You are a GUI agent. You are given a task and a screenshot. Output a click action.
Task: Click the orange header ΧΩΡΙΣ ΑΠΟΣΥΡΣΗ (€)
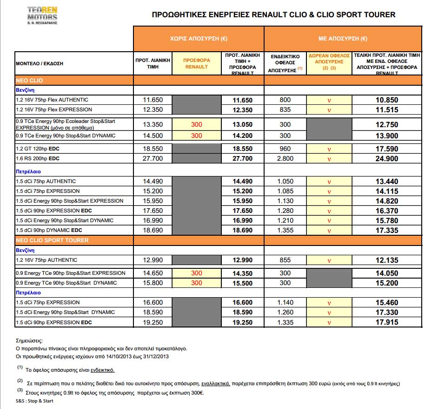point(199,39)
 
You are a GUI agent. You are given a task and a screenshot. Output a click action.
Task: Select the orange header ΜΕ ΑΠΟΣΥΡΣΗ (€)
point(343,39)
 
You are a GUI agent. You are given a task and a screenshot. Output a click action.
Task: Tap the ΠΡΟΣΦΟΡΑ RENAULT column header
point(197,63)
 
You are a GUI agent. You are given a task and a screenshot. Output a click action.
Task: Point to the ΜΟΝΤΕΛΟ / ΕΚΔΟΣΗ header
point(40,63)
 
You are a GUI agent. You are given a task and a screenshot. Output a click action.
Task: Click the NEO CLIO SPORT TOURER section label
point(52,240)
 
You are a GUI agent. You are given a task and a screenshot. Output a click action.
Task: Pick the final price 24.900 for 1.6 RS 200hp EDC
point(387,159)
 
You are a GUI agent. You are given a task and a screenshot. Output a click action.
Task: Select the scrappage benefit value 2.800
point(285,159)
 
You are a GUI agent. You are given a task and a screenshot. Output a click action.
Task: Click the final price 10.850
point(387,100)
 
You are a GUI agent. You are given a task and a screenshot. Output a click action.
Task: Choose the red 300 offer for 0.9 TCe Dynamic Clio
point(197,136)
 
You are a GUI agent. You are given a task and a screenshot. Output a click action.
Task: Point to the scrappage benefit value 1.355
point(285,231)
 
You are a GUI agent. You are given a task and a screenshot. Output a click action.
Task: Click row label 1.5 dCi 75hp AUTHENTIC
point(46,181)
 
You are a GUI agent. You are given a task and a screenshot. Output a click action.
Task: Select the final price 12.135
point(387,260)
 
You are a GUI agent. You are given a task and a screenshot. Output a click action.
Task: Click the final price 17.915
point(387,322)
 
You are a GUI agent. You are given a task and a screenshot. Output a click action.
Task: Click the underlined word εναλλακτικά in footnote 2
point(216,383)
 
